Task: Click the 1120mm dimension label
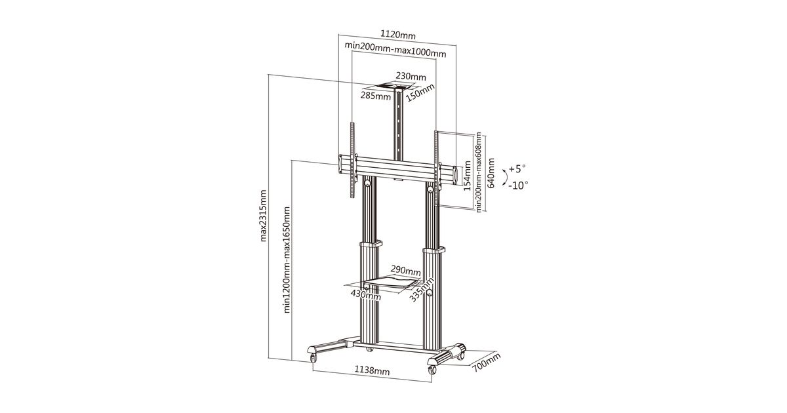point(398,35)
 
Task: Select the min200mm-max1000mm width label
point(395,50)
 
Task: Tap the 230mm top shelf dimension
point(411,77)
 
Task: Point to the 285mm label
point(376,96)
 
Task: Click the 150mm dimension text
point(420,92)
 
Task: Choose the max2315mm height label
point(263,216)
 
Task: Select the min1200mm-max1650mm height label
point(287,260)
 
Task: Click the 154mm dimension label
point(467,176)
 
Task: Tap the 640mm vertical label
point(491,173)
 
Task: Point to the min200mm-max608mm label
point(479,172)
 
